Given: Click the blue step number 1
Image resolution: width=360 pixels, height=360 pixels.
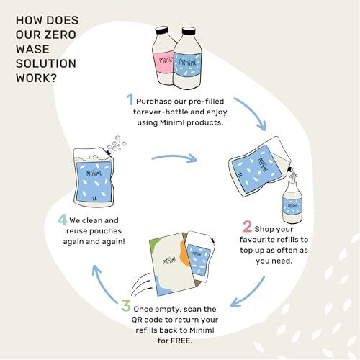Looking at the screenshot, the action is [130, 99].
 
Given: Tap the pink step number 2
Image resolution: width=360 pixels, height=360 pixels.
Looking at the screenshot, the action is [247, 227].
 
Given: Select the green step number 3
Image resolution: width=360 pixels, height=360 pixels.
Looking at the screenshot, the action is [126, 305].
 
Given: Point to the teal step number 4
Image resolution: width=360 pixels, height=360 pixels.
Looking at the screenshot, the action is [62, 220].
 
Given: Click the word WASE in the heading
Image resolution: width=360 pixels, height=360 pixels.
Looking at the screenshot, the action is [32, 49].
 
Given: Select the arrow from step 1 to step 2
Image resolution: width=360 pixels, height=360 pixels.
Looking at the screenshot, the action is [255, 109].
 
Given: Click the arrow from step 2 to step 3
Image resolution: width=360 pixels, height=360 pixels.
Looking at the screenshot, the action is [251, 294].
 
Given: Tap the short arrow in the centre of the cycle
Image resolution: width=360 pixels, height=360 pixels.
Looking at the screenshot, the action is [174, 158].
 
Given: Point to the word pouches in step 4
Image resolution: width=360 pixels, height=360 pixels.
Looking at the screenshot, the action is [107, 231].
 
